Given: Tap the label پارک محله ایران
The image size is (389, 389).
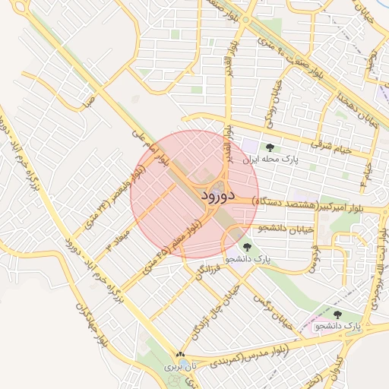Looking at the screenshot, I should coord(270,161).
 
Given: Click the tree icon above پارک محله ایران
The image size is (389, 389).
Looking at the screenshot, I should coord(269,147).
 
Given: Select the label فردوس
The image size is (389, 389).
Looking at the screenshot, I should coord(314,258).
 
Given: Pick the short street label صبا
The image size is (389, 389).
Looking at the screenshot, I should coord(90,100).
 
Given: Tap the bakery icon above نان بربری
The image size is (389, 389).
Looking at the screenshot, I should coord(180,354).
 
